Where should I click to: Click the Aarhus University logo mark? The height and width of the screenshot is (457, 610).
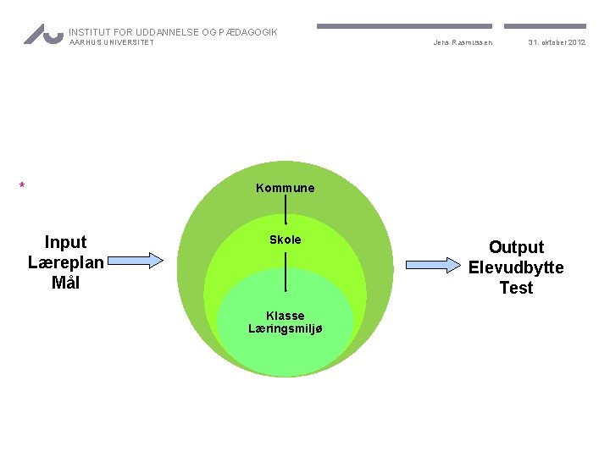click(x=43, y=34)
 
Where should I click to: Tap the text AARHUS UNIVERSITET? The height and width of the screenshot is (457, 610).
click(x=112, y=43)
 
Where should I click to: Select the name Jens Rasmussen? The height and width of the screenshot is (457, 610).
click(x=463, y=42)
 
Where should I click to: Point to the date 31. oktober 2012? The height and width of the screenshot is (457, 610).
click(x=557, y=42)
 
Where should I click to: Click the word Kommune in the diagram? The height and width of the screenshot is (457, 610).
click(x=285, y=188)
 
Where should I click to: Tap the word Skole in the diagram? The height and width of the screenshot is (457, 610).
click(x=285, y=240)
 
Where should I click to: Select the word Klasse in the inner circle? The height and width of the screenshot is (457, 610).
click(x=285, y=316)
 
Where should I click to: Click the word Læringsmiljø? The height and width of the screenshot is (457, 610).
click(x=285, y=328)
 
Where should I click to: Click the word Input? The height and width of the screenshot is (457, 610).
click(x=65, y=242)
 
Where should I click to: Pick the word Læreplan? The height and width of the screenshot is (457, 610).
click(x=65, y=262)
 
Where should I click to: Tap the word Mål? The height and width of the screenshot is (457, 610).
click(x=65, y=283)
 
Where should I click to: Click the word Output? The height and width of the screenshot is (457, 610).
click(x=516, y=247)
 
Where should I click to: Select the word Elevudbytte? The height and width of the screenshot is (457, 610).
click(x=516, y=267)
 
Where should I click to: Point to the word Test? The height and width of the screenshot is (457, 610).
click(x=516, y=288)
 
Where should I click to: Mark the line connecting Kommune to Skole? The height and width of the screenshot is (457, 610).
click(x=286, y=210)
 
